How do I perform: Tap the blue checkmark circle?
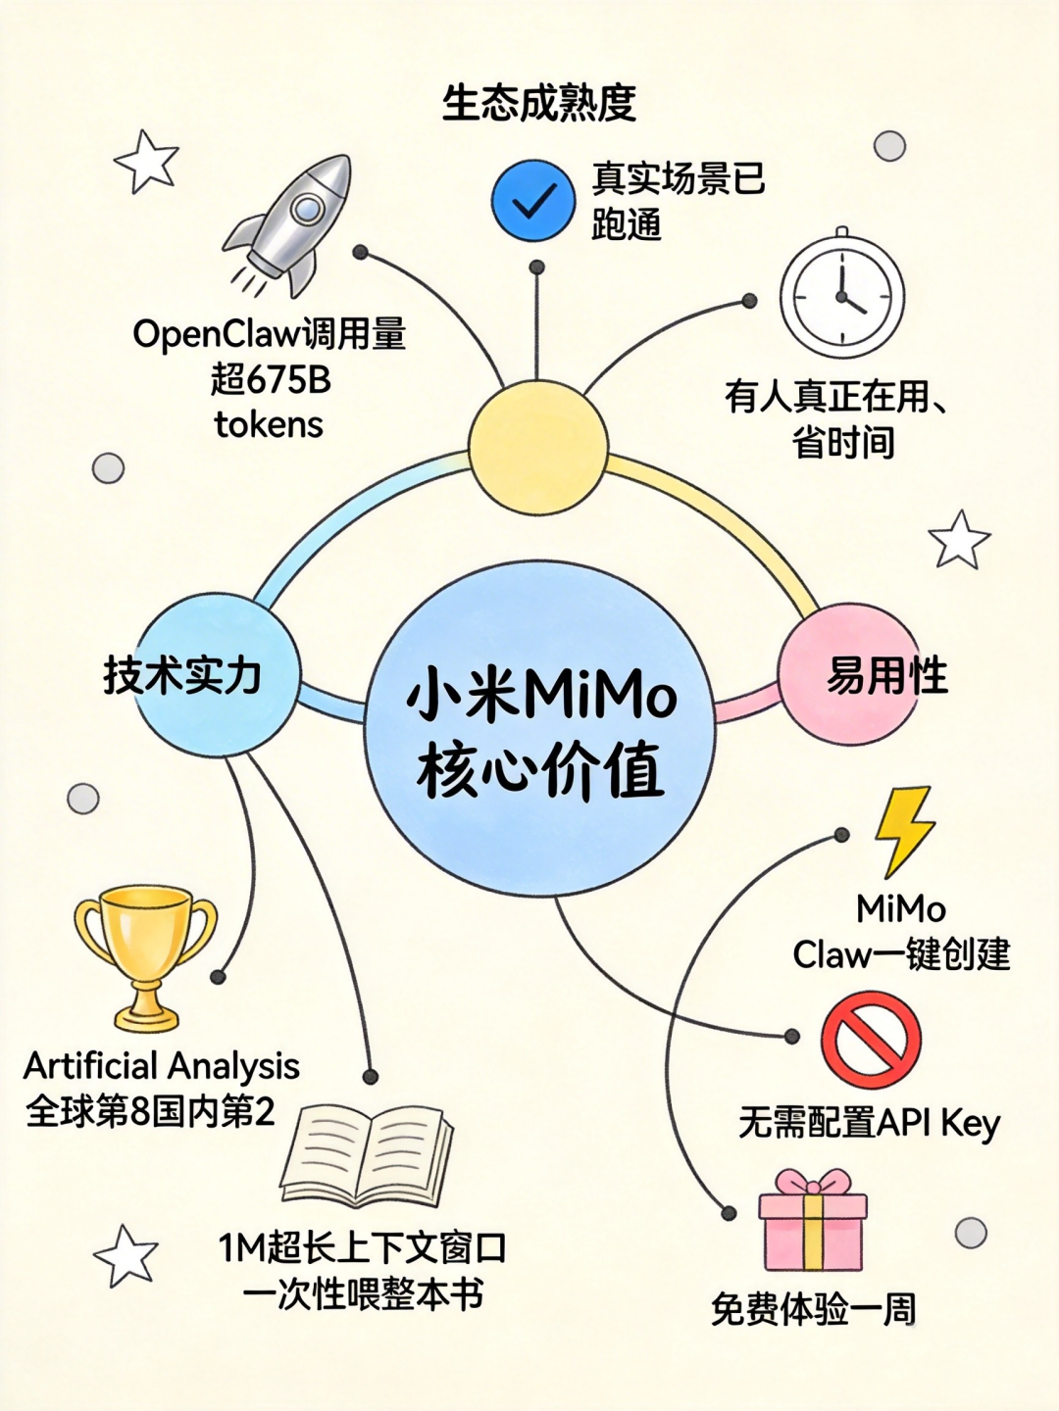532,201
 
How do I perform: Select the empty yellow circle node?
538,447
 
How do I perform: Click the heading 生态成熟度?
539,103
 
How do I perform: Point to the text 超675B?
271,379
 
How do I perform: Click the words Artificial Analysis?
162,1065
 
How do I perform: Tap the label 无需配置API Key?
869,1123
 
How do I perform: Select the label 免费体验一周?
813,1309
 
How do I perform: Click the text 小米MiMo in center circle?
541,695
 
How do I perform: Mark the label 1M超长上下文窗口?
363,1248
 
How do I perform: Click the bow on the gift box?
813,1182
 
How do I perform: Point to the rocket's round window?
307,208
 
